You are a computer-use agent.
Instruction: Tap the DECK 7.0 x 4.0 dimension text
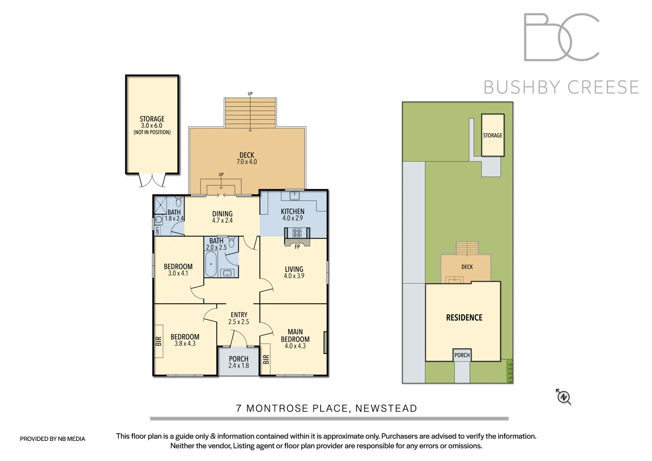(246, 162)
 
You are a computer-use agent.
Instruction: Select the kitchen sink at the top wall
(295, 196)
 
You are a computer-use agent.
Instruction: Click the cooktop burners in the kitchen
(297, 233)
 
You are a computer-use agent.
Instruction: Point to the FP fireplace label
(297, 247)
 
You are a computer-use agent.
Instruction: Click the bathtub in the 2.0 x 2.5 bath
(211, 264)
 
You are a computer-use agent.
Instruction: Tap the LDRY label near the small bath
(157, 230)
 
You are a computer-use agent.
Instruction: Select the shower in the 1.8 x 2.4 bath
(160, 205)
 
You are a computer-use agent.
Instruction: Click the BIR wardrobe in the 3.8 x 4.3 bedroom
(158, 341)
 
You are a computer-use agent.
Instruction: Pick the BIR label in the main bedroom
(266, 359)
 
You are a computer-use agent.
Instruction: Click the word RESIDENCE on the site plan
(464, 318)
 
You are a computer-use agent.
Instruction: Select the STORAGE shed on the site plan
(493, 135)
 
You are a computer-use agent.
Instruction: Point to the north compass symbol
(563, 397)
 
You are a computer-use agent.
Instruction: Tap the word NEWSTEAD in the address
(386, 408)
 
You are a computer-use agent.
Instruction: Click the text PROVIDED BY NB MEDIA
(53, 439)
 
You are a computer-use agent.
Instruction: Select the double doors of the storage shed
(152, 180)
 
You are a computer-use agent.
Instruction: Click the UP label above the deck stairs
(250, 94)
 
